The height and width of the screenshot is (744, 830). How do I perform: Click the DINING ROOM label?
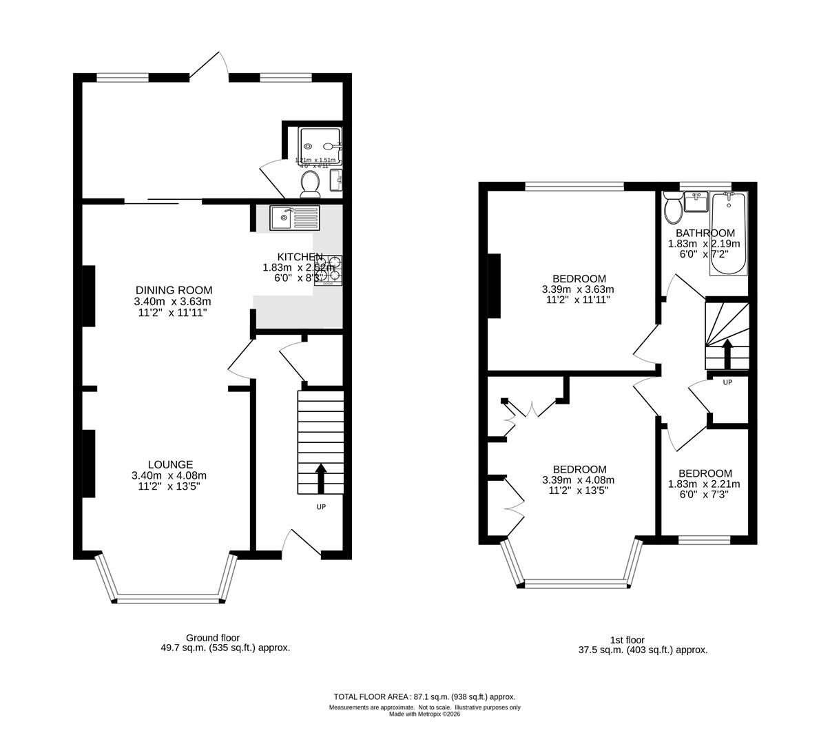click(173, 290)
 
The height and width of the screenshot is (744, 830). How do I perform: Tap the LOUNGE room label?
click(169, 464)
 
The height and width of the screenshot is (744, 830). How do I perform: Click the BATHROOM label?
click(705, 233)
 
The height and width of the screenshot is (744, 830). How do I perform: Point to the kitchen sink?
click(295, 218)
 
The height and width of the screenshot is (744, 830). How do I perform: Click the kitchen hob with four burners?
click(329, 271)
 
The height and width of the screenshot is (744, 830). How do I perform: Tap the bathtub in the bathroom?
click(728, 234)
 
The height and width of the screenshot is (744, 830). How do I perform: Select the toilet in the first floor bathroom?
click(673, 208)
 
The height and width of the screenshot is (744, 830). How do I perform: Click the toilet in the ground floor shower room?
click(310, 184)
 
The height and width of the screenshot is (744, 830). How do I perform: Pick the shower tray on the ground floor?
click(319, 147)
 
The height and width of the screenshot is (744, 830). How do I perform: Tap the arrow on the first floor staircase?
click(727, 354)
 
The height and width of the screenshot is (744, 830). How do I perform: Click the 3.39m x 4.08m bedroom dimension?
click(578, 480)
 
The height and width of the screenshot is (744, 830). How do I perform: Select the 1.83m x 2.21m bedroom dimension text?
click(705, 484)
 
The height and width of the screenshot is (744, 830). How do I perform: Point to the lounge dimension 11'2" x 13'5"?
click(169, 486)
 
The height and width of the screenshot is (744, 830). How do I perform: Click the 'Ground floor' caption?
click(213, 638)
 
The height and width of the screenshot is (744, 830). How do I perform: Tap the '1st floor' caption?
click(627, 640)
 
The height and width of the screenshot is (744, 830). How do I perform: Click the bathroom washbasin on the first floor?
click(696, 203)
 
